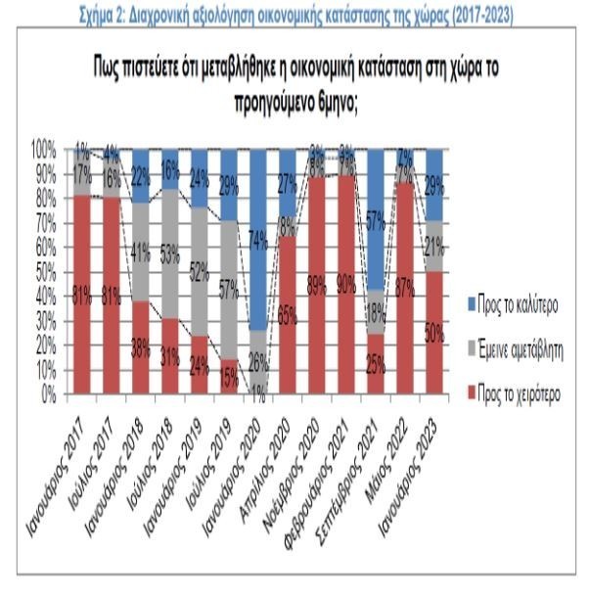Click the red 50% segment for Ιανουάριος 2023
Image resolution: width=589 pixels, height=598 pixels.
click(432, 333)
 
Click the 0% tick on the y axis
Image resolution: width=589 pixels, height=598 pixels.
click(49, 393)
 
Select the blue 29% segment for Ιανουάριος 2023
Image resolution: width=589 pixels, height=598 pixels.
click(432, 185)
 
